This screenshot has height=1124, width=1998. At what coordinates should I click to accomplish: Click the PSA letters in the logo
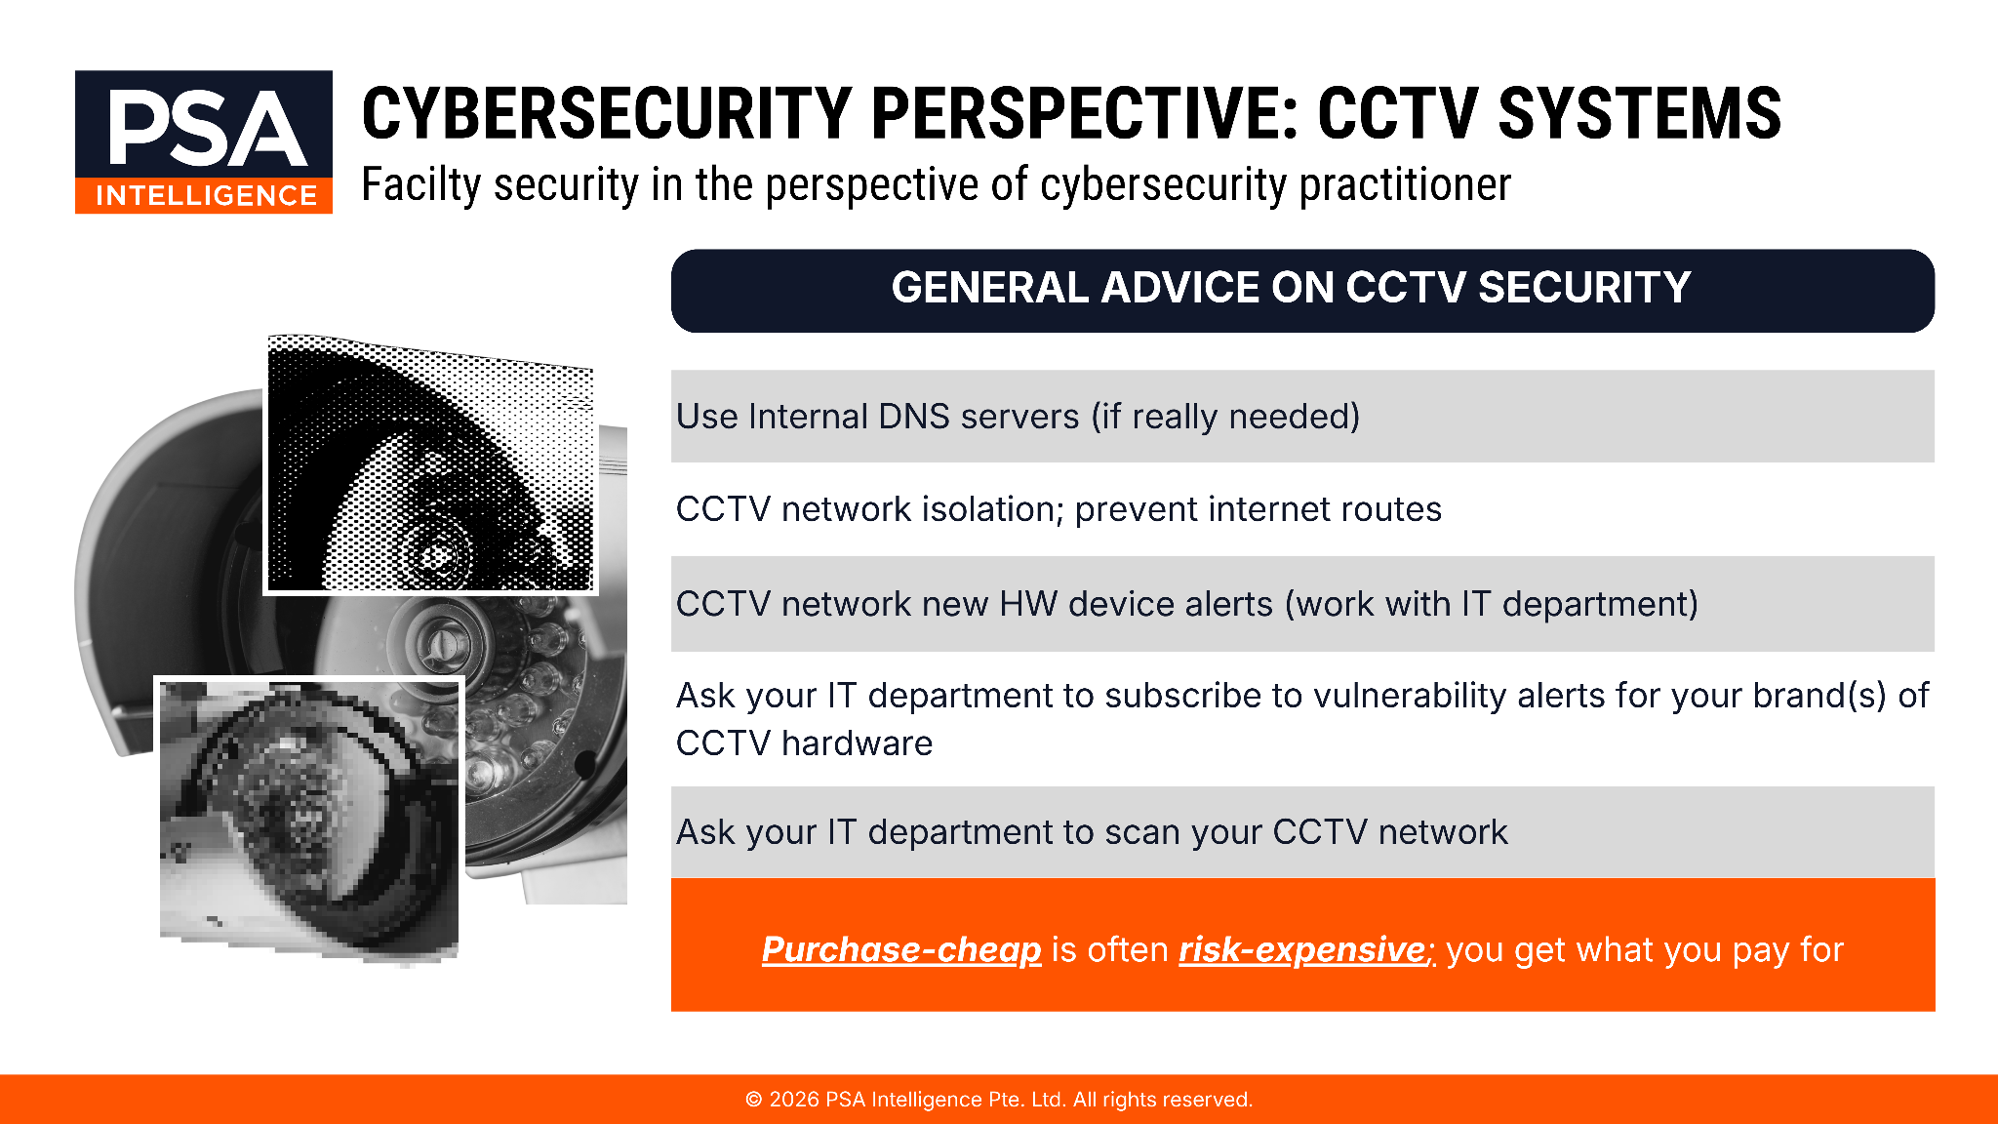click(207, 127)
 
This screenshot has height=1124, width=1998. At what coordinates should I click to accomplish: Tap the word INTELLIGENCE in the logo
click(207, 196)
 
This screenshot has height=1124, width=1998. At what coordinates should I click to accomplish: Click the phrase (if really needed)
click(1225, 418)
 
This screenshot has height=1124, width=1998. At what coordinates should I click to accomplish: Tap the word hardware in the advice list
click(857, 743)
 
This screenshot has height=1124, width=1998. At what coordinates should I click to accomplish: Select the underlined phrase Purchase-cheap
click(901, 950)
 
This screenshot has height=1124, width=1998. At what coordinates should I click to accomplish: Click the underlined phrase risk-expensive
click(1302, 950)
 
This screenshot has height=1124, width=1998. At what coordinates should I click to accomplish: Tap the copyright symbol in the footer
click(754, 1100)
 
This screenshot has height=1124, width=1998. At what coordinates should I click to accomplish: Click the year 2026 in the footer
click(794, 1100)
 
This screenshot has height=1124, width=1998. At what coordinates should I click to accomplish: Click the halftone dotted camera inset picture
click(430, 464)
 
